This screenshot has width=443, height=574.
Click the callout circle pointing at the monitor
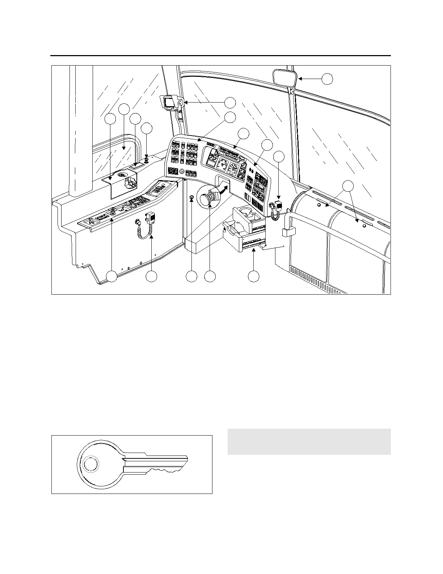pyautogui.click(x=230, y=103)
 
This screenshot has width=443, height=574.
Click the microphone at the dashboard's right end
pyautogui.click(x=278, y=205)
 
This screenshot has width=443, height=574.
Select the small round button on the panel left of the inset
pyautogui.click(x=191, y=197)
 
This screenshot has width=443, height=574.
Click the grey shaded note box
pyautogui.click(x=309, y=442)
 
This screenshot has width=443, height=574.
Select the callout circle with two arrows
pyautogui.click(x=348, y=186)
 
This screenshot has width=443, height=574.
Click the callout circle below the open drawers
pyautogui.click(x=253, y=276)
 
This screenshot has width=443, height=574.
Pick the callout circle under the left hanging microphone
pyautogui.click(x=151, y=276)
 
